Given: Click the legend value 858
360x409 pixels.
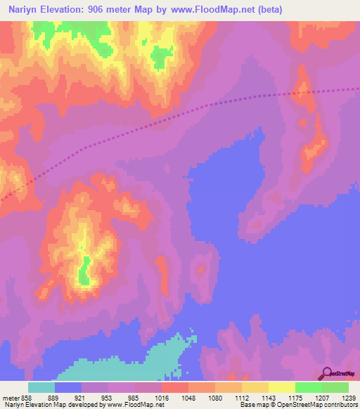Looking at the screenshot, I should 27,397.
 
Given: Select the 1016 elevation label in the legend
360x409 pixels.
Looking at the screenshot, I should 161,397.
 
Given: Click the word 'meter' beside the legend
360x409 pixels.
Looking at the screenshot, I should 9,397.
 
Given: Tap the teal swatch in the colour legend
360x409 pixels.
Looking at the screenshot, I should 41,387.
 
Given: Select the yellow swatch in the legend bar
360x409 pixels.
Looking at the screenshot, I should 281,387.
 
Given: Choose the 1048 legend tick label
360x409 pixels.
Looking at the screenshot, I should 188,397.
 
